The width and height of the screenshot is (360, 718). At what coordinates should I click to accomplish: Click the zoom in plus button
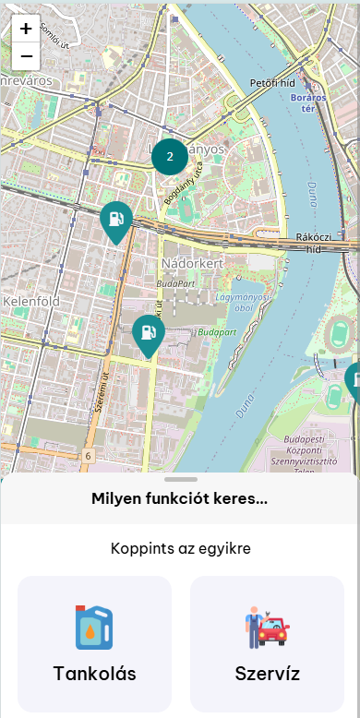26,29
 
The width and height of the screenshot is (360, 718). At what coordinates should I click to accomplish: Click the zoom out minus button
26,56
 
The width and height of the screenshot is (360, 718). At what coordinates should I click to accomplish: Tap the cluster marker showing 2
170,156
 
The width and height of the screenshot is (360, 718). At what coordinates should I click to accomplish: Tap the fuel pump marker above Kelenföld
116,220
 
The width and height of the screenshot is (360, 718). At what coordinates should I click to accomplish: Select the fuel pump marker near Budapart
149,333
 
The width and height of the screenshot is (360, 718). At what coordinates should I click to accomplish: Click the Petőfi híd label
272,83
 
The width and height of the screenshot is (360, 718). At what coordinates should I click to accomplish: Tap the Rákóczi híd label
314,243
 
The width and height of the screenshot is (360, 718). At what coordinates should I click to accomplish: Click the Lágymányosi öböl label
242,302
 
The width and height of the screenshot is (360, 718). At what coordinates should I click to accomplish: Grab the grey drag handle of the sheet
181,480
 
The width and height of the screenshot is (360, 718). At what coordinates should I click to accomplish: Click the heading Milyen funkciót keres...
180,499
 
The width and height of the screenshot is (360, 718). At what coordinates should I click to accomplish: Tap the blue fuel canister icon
94,628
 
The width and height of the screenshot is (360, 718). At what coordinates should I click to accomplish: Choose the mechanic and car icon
267,628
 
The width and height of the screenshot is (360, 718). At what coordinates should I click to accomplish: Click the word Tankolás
94,674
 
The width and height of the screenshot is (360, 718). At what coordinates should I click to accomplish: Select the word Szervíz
267,674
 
